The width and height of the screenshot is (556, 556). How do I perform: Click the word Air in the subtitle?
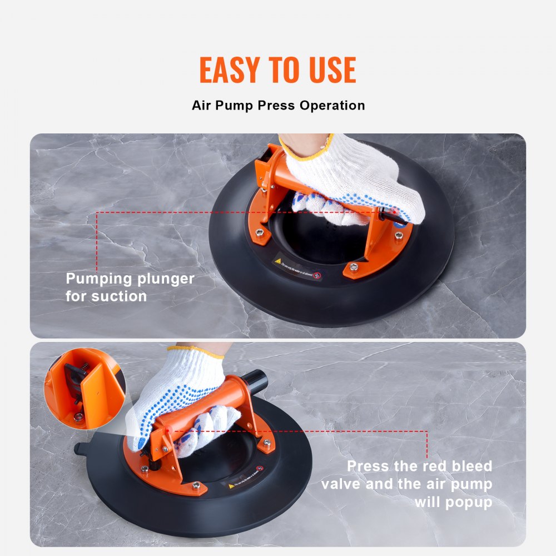(203, 105)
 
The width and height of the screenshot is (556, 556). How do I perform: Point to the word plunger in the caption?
(165, 279)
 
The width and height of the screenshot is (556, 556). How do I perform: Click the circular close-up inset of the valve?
(85, 388)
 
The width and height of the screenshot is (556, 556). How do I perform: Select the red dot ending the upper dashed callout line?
(396, 212)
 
